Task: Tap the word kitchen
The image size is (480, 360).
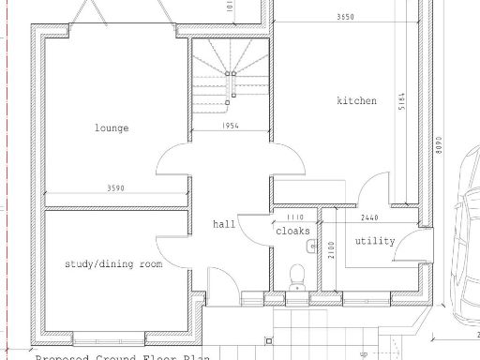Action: click(357, 100)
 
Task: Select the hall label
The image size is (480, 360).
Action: click(224, 224)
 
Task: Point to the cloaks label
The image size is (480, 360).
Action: click(287, 230)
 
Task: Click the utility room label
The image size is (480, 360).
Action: click(375, 241)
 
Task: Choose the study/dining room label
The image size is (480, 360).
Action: click(112, 264)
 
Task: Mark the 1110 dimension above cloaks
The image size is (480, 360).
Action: click(294, 217)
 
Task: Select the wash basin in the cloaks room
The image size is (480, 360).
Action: click(310, 247)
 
